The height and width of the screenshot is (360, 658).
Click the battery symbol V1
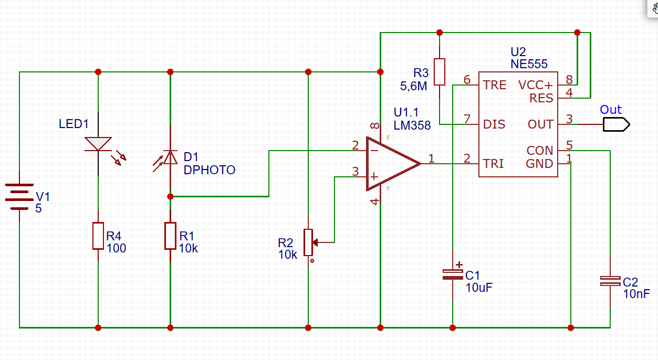(x=19, y=196)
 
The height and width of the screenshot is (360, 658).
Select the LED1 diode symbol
(x=98, y=144)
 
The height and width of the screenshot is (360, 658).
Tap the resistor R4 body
(x=98, y=236)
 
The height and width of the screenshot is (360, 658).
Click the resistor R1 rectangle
(x=170, y=236)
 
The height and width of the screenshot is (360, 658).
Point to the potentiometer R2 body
(x=308, y=242)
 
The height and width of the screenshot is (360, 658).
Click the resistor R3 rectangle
(x=440, y=72)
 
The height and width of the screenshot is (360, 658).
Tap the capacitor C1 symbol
(x=452, y=273)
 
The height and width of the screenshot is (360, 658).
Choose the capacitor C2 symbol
(x=610, y=281)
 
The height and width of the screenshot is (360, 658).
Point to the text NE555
(x=529, y=64)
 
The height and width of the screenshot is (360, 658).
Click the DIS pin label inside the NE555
(x=494, y=124)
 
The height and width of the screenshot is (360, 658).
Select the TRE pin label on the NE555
(x=495, y=85)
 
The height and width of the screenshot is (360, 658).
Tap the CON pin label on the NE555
(x=540, y=151)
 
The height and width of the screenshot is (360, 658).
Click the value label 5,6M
(x=414, y=86)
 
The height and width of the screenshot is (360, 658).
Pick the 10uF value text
(x=479, y=287)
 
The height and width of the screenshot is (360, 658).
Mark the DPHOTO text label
(x=210, y=170)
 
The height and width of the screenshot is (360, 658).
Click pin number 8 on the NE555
(x=569, y=80)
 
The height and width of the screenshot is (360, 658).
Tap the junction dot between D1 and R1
(x=170, y=196)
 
